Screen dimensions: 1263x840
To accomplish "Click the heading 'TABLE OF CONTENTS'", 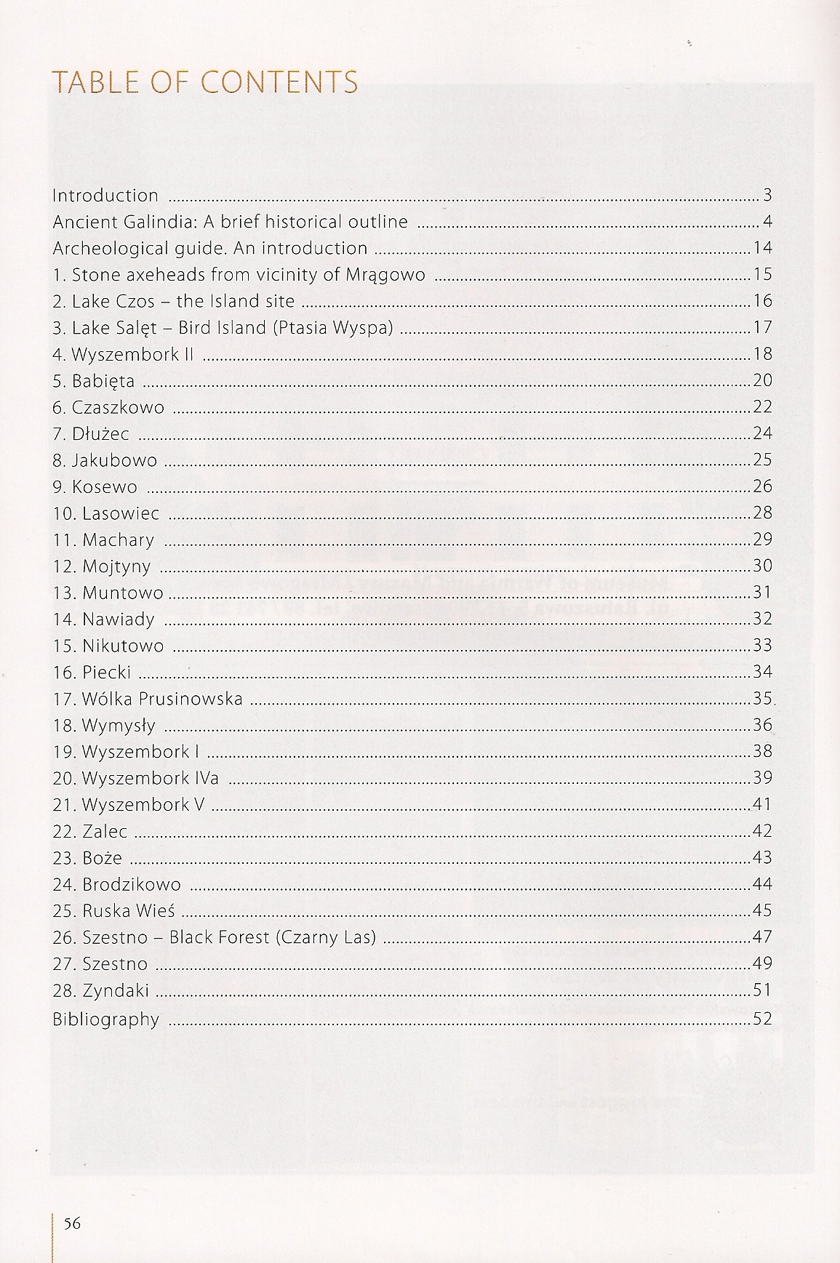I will point(204,82).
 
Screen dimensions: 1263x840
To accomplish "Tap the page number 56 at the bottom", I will point(72,1223).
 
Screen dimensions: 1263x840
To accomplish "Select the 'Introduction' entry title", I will point(105,196).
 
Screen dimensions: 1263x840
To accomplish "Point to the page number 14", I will point(762,248).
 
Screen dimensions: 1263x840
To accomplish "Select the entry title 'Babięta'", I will point(103,381).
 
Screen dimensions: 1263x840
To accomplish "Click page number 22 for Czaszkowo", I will point(762,407).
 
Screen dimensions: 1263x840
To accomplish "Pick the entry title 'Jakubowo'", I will point(114,460).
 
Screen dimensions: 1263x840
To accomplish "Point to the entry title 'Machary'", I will point(118,540).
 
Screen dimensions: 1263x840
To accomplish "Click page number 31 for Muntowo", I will point(762,593).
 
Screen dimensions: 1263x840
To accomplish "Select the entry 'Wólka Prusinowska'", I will point(162,699).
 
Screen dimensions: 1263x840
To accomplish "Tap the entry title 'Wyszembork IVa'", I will point(150,778).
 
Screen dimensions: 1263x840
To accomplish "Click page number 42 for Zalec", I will point(762,831).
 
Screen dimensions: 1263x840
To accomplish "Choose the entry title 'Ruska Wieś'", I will point(129,911).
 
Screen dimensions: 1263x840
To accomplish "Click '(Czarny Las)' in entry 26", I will point(326,937).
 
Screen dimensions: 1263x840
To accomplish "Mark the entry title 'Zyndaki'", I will point(116,990).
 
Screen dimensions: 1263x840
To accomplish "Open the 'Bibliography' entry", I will point(105,1019).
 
